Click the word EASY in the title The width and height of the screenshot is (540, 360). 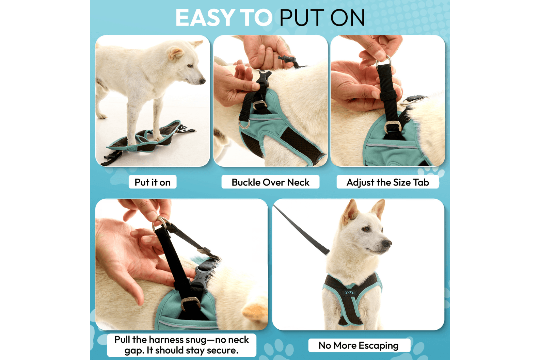(204, 18)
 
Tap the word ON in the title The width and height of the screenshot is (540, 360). (347, 18)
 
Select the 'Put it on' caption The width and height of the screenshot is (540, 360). (152, 182)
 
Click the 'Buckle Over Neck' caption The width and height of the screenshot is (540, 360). (270, 182)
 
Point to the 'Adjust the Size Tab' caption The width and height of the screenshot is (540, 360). (388, 182)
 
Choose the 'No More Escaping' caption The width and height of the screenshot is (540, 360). (359, 345)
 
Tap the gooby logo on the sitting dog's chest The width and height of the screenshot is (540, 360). (349, 293)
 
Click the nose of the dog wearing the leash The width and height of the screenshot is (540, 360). (387, 243)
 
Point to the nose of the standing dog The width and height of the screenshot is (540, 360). (203, 81)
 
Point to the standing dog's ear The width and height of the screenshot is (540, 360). (175, 53)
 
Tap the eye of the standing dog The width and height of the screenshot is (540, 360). (190, 66)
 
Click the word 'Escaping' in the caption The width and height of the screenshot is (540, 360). (379, 346)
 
